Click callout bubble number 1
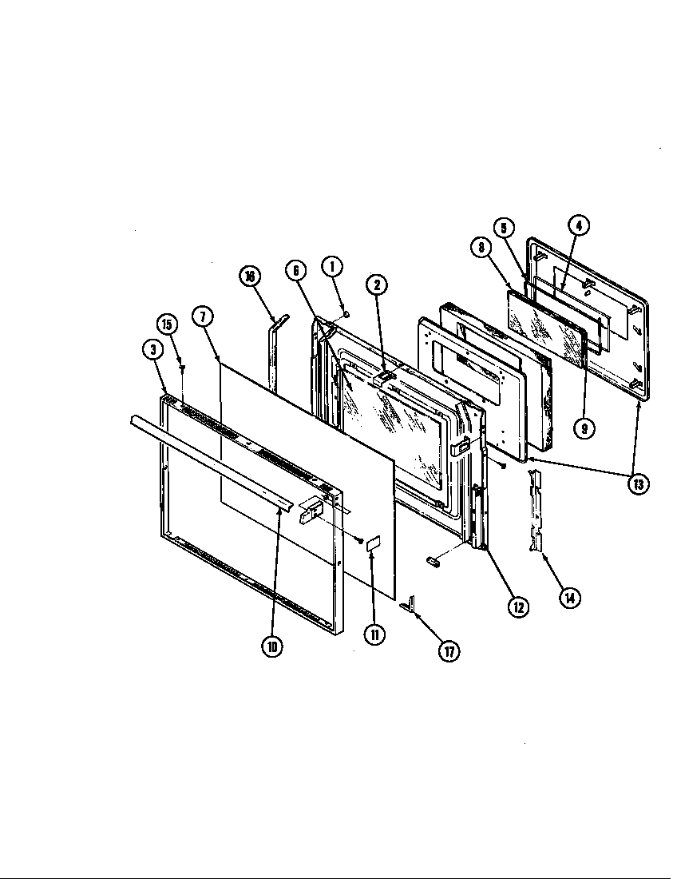[332, 267]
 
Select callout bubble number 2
[378, 284]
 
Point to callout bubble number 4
[579, 225]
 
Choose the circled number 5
[505, 228]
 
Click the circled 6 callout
[296, 272]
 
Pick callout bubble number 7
[204, 316]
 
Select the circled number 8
[481, 249]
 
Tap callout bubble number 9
[585, 428]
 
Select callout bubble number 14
[569, 596]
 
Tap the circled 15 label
[167, 324]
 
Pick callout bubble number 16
[250, 276]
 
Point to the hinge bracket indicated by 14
[535, 511]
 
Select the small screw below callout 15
[183, 368]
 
